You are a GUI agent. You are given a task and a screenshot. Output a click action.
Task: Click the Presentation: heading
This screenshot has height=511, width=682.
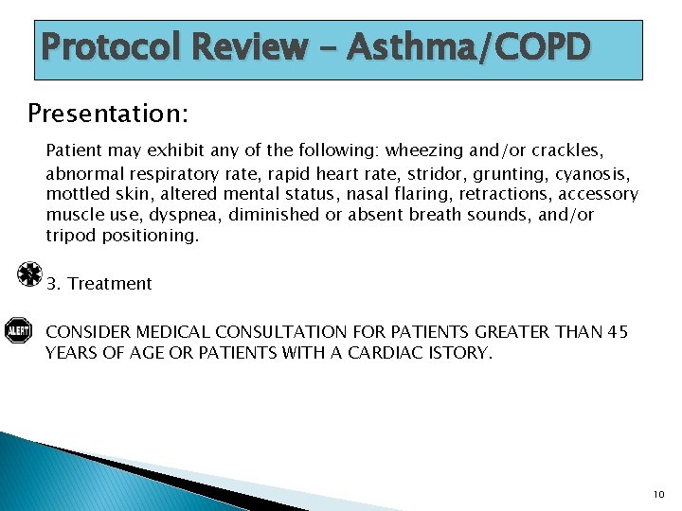[x=108, y=114]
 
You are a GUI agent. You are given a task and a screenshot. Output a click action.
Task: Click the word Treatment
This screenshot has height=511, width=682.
[x=110, y=284]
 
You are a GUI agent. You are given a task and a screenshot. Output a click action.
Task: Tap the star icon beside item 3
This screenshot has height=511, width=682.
[x=30, y=274]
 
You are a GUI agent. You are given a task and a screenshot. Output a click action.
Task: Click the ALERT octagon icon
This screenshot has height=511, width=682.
[x=18, y=330]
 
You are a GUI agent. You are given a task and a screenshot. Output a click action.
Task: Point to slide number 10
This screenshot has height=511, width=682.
[x=659, y=494]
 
